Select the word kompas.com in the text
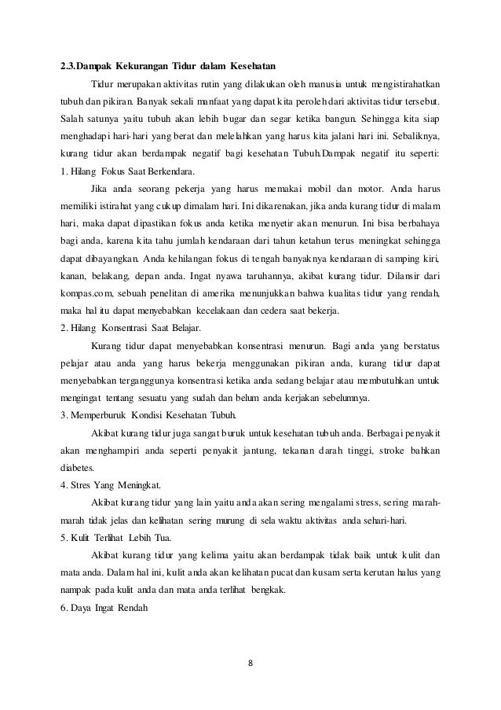point(86,294)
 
